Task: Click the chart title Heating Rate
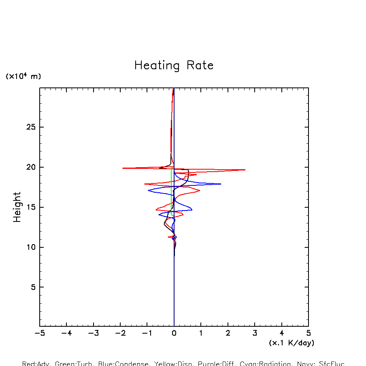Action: pyautogui.click(x=174, y=66)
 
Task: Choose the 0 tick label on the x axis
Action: pyautogui.click(x=174, y=334)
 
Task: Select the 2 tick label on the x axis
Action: pyautogui.click(x=228, y=334)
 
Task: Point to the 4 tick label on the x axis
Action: pyautogui.click(x=282, y=334)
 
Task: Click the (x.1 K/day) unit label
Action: pyautogui.click(x=292, y=343)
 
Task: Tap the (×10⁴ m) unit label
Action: pyautogui.click(x=23, y=76)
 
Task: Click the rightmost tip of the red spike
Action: pyautogui.click(x=245, y=170)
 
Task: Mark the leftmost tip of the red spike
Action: pyautogui.click(x=123, y=168)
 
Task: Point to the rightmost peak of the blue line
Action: pyautogui.click(x=221, y=184)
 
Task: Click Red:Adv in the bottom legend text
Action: pyautogui.click(x=36, y=364)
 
